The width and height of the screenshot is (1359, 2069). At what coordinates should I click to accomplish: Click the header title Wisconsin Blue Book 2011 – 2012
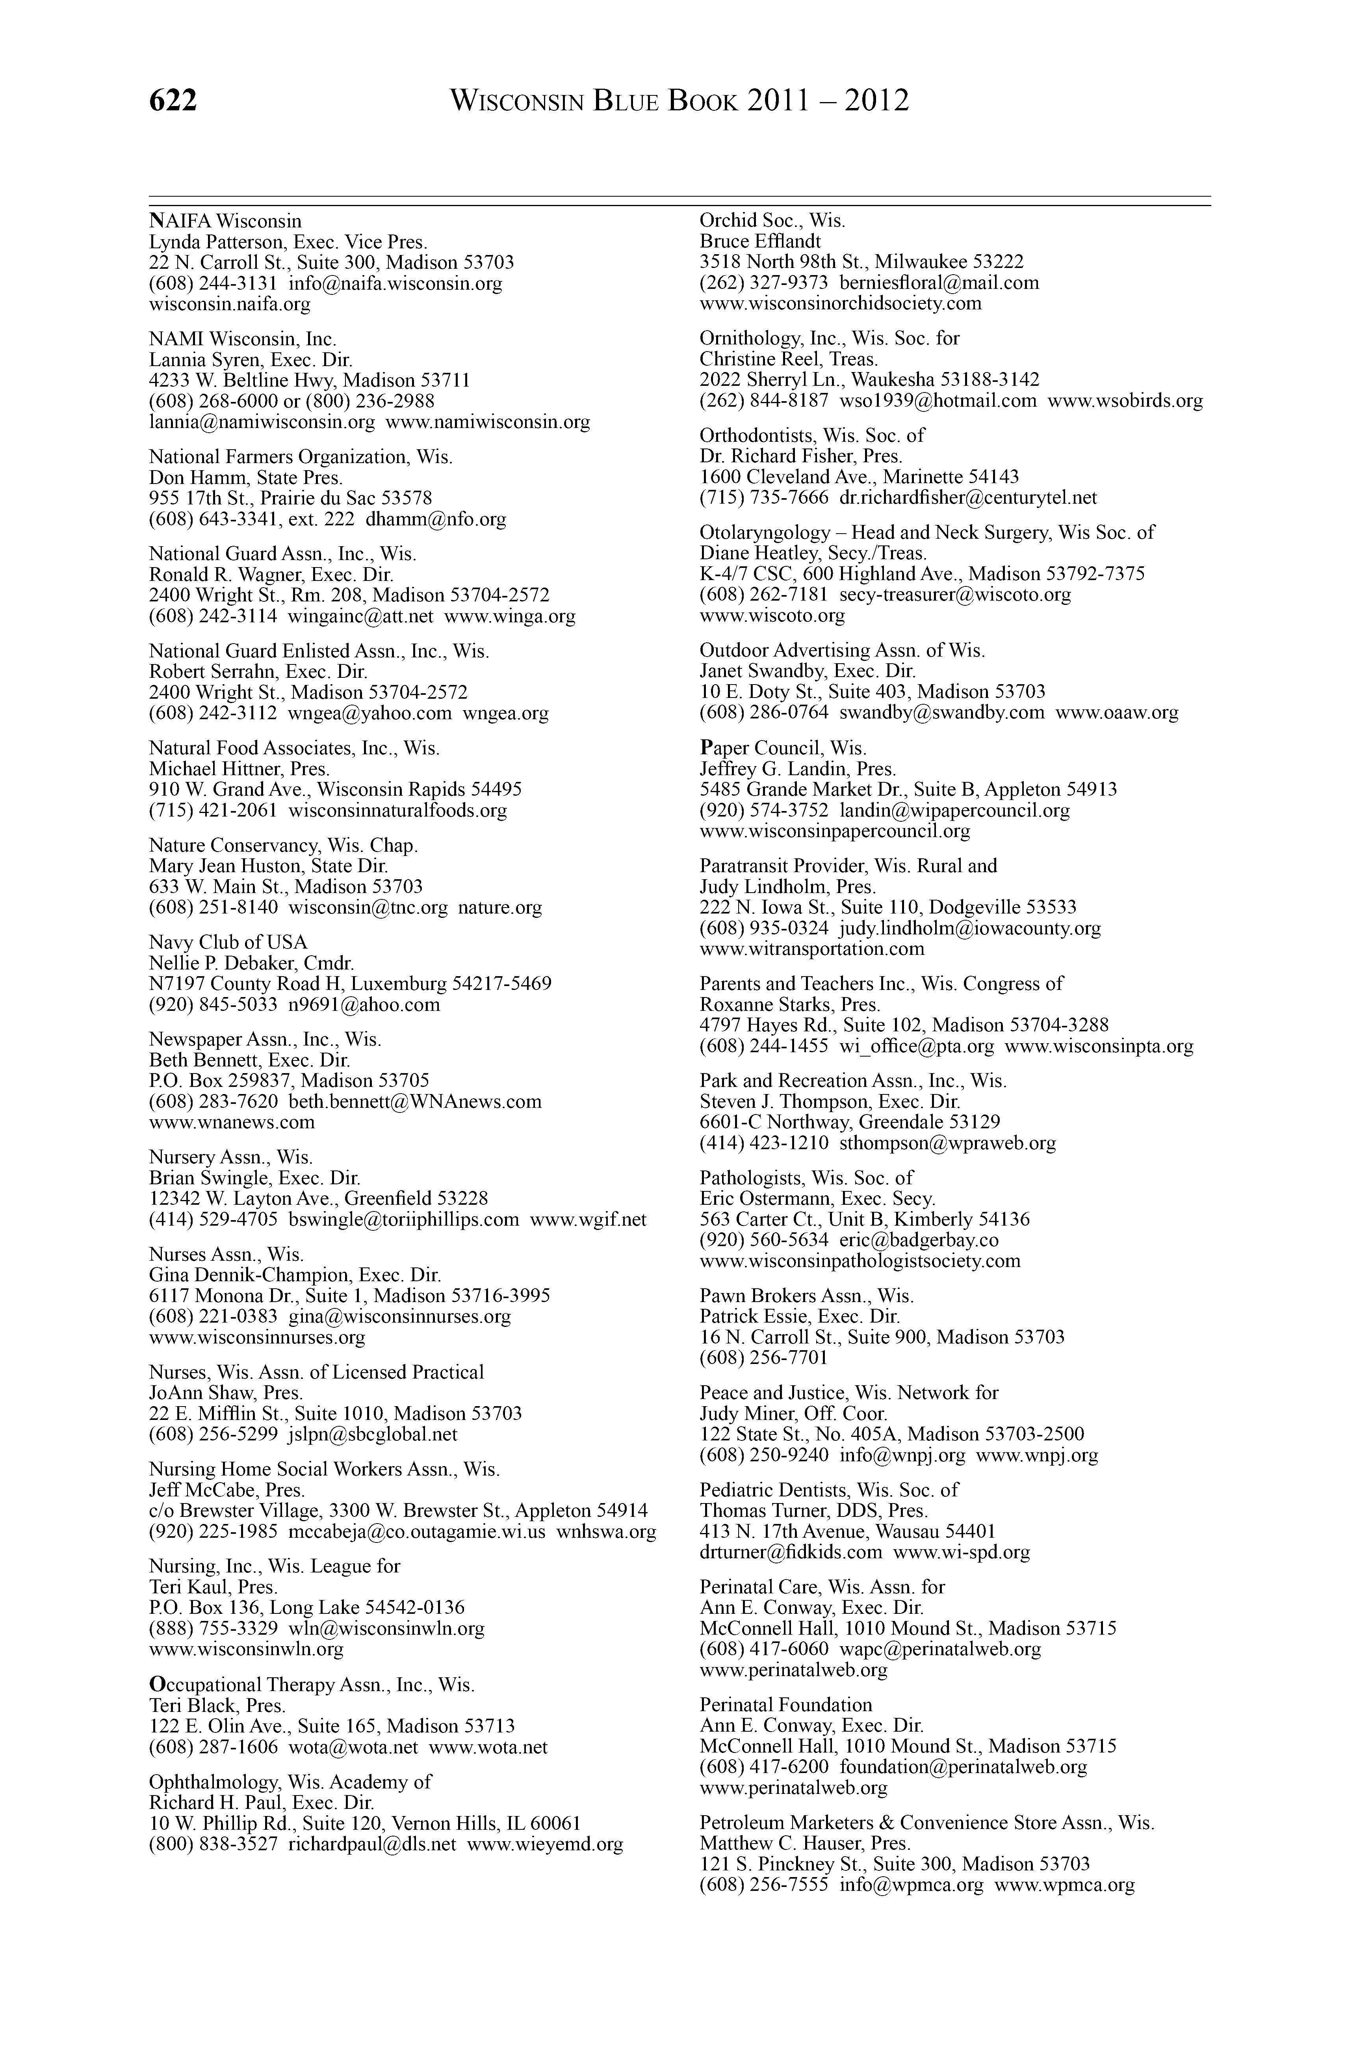point(679,101)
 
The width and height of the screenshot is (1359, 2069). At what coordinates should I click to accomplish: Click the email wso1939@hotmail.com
point(938,401)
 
